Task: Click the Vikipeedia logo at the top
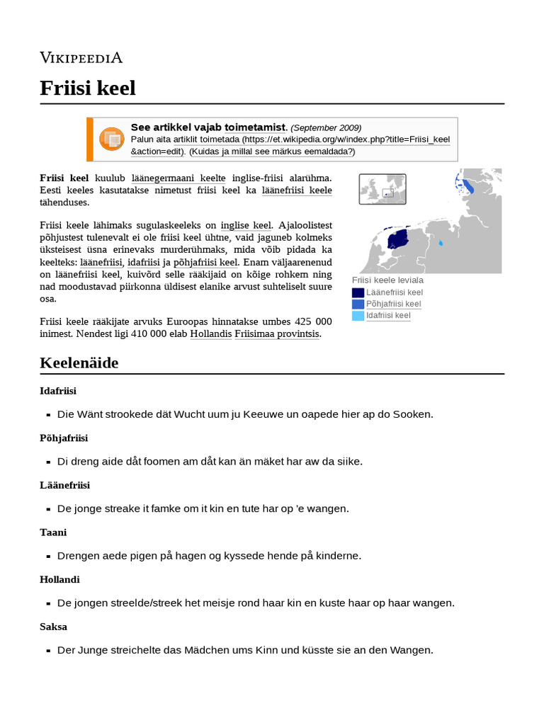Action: (x=81, y=57)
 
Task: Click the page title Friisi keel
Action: (x=87, y=89)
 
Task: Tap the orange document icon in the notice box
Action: (x=111, y=139)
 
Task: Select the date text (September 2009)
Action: (x=326, y=127)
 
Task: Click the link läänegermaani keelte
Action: (x=178, y=178)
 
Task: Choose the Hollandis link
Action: (x=210, y=333)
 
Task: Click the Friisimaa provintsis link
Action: (x=278, y=333)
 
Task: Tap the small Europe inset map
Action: (x=382, y=189)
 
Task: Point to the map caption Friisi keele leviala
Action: (x=387, y=280)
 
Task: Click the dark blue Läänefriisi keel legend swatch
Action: (x=358, y=292)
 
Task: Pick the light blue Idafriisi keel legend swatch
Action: (x=358, y=316)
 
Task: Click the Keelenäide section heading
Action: (x=79, y=363)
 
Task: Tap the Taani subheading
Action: (x=53, y=532)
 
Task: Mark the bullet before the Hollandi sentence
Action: (x=48, y=604)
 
